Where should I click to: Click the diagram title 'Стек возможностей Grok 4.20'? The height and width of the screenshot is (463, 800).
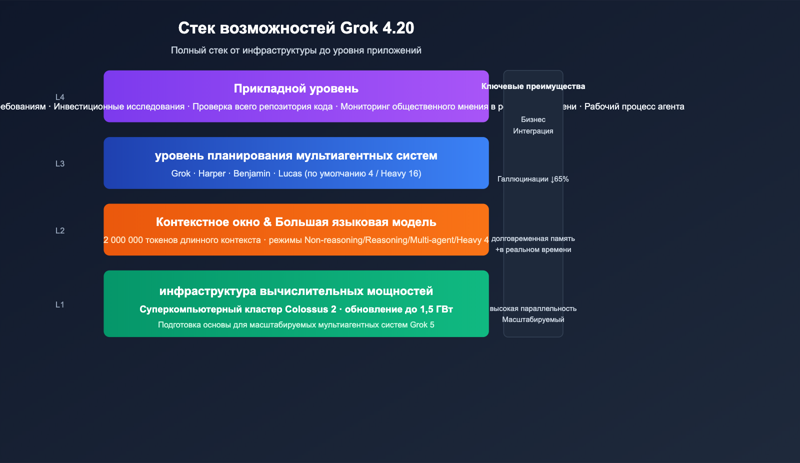click(296, 28)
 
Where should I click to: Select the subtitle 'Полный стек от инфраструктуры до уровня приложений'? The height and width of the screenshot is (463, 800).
click(296, 50)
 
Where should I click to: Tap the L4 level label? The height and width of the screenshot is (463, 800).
click(60, 97)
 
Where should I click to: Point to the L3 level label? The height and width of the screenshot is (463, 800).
click(60, 163)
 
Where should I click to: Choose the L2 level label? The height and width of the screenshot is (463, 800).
click(60, 230)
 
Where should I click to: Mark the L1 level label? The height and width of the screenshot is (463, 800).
click(60, 304)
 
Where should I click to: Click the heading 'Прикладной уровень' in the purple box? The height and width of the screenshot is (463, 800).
click(296, 88)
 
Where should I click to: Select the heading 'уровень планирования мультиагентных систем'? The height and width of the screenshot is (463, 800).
click(296, 155)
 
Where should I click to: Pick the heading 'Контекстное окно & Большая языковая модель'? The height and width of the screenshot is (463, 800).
click(296, 222)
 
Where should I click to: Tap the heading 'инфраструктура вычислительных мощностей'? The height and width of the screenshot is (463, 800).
click(296, 291)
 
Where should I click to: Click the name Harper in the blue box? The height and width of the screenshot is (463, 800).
click(212, 173)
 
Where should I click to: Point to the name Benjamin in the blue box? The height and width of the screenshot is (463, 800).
click(251, 173)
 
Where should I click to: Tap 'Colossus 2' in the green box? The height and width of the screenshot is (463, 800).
click(310, 309)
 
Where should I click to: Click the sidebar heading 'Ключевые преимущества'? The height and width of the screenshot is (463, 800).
click(533, 86)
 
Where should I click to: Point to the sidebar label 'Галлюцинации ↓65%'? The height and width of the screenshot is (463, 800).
click(533, 179)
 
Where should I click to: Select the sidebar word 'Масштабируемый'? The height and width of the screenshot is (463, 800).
click(533, 319)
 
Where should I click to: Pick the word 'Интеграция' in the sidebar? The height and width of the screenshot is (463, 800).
click(533, 131)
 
